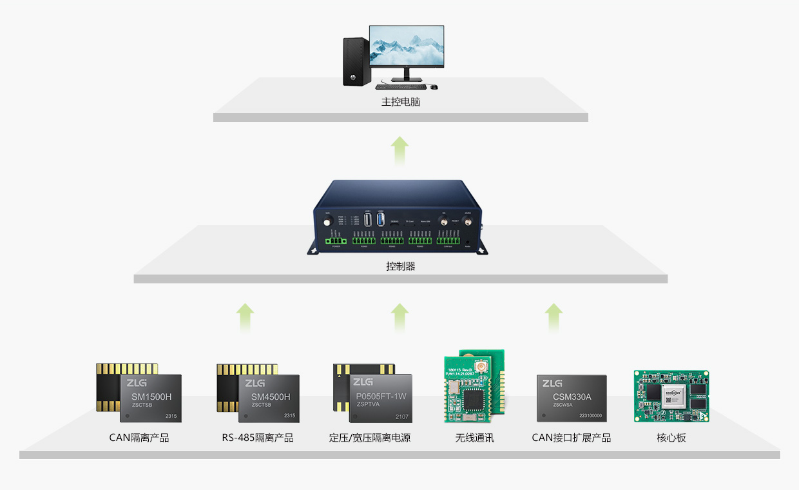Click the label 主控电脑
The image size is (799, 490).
tap(400, 102)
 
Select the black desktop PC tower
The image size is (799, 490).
tap(356, 61)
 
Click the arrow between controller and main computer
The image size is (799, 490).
tap(400, 151)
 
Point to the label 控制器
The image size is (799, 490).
tap(400, 266)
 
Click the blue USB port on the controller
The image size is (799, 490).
tap(380, 220)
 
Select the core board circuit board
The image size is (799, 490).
tap(671, 396)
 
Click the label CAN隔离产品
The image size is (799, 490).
tap(139, 438)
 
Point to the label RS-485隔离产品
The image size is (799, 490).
tap(258, 438)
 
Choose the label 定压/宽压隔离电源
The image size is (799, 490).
tap(370, 438)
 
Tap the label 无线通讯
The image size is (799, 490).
tap(475, 438)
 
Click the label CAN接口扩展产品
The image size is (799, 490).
tap(572, 438)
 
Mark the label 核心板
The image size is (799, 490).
tap(671, 438)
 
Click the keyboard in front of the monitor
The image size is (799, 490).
tap(400, 86)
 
